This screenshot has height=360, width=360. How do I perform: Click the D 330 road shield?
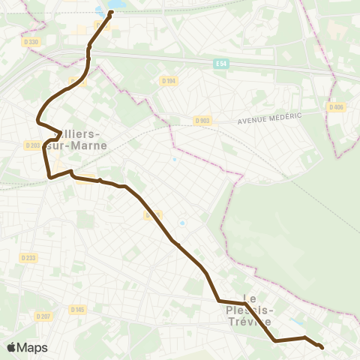click(x=31, y=42)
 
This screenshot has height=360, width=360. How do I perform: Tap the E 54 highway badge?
click(x=219, y=63)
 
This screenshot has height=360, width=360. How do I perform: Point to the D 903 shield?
click(x=202, y=120)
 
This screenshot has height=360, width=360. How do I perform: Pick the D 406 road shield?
click(x=336, y=106)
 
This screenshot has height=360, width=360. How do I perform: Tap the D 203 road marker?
click(x=32, y=145)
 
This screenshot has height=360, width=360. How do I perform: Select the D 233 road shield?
click(x=28, y=257)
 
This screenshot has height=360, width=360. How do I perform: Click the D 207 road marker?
click(x=42, y=317)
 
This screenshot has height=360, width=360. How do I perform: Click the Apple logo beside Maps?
click(x=11, y=347)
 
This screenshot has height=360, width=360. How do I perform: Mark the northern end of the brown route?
click(x=110, y=12)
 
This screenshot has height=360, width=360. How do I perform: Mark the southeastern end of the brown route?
click(x=322, y=346)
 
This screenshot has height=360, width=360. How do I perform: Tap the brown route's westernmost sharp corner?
click(x=38, y=118)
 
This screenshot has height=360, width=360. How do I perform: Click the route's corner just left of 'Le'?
click(x=219, y=301)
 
